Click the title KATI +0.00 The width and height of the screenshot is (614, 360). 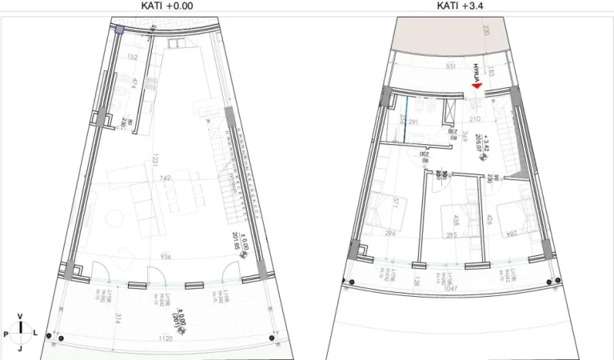tap(167, 5)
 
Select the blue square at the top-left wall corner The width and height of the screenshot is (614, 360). tap(118, 30)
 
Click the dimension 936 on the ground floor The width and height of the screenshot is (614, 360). tap(166, 258)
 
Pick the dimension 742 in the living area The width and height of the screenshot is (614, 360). tap(165, 178)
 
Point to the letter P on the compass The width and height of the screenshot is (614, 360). tap(6, 331)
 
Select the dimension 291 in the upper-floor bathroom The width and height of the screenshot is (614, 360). tap(414, 123)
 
